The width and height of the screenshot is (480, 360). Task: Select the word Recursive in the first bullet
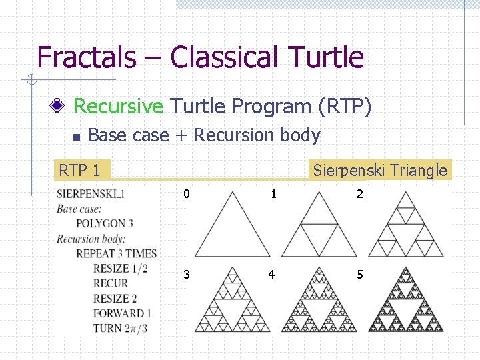pos(118,106)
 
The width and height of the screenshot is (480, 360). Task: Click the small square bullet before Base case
pos(76,137)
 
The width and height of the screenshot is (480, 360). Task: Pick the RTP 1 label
pos(79,170)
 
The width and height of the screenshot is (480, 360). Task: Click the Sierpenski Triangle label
pos(380,170)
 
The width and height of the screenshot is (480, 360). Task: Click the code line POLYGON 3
pos(105,223)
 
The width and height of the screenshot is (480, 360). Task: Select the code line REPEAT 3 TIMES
pos(116,253)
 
